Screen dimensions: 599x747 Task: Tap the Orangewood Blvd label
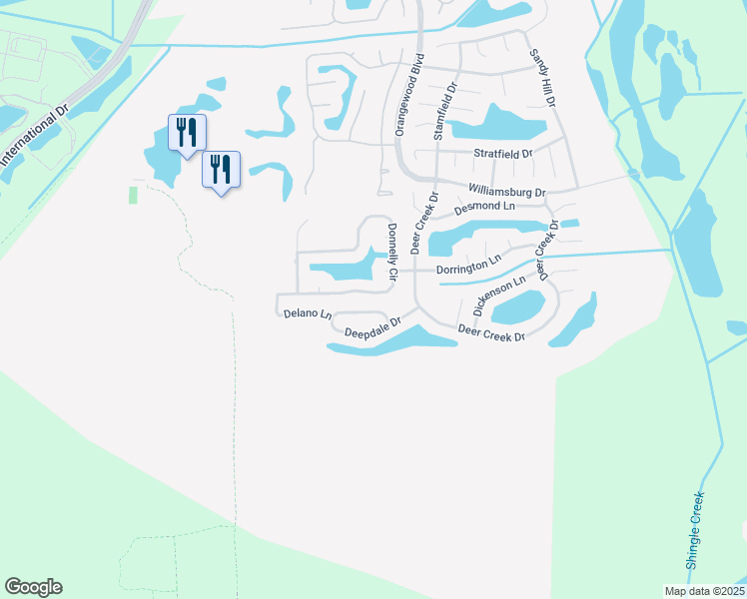[x=408, y=95]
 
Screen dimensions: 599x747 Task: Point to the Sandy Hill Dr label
[x=541, y=78]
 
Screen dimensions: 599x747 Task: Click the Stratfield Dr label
[x=503, y=155]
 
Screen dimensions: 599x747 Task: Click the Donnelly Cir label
[x=391, y=251]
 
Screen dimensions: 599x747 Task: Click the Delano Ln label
[x=307, y=313]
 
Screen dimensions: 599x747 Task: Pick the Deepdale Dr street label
[x=373, y=326]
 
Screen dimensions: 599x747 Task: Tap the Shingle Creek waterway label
[x=694, y=530]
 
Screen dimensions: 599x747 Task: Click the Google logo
[x=33, y=587]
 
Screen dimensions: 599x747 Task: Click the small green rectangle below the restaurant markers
[x=134, y=194]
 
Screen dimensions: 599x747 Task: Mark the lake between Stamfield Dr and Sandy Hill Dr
[x=496, y=124]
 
